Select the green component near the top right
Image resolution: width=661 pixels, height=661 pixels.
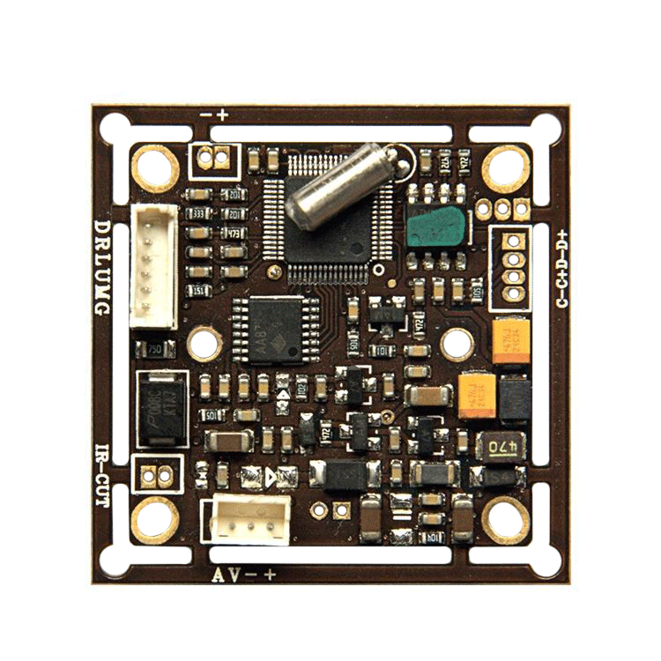click(434, 227)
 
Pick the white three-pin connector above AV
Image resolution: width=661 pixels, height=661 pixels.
click(250, 519)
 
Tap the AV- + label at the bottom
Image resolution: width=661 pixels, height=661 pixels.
click(245, 576)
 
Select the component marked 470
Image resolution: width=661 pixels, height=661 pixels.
click(501, 446)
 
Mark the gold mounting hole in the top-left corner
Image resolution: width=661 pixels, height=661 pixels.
click(155, 167)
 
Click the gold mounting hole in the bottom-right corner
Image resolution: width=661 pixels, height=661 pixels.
click(506, 519)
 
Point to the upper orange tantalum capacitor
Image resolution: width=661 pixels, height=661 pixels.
click(511, 341)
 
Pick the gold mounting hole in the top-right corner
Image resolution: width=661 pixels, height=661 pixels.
click(506, 167)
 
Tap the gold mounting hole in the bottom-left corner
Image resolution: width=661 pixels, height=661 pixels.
click(155, 519)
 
